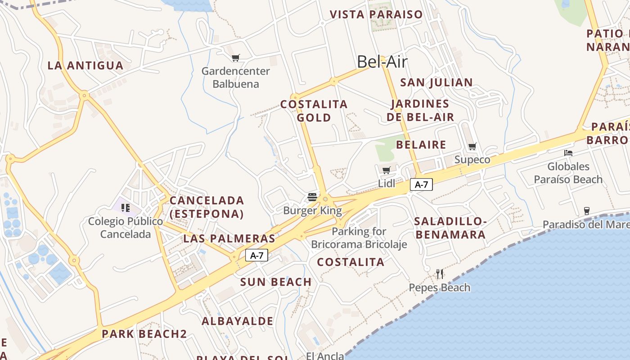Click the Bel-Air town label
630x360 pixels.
point(382,62)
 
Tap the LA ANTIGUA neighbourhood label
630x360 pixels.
point(85,65)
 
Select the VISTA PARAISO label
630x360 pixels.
point(376,14)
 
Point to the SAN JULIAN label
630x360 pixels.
point(436,82)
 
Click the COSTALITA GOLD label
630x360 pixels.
point(314,111)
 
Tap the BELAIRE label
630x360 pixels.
point(421,144)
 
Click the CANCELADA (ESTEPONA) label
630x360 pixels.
point(207,207)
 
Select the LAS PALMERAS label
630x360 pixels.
point(229,238)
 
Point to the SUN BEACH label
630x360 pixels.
point(276,282)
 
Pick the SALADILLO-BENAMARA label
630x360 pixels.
point(450,228)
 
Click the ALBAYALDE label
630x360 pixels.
point(237,321)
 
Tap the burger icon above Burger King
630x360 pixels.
point(313,197)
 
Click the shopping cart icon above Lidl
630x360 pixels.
point(386,170)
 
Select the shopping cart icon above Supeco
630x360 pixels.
point(472,146)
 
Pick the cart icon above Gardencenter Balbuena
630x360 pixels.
point(235,58)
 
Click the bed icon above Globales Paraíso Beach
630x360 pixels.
point(568,153)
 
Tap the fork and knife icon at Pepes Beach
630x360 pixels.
point(440,273)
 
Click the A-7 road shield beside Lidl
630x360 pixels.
point(421,184)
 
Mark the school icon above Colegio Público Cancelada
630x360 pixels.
point(126,207)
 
